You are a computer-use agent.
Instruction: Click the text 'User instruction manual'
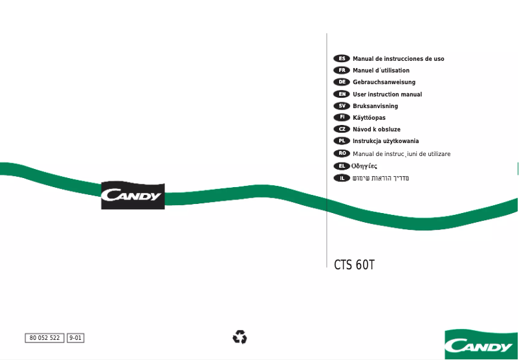[387, 95]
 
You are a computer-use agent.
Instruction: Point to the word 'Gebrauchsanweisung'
[384, 82]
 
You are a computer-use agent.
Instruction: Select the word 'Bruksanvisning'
[375, 106]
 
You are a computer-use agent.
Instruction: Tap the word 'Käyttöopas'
[369, 118]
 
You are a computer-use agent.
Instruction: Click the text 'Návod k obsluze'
[377, 129]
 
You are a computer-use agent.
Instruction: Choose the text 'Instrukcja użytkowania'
[386, 141]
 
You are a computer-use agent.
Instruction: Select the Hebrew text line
[381, 177]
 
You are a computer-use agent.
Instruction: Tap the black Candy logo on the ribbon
[133, 196]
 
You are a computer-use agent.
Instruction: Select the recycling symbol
[239, 337]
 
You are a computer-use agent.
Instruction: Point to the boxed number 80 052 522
[45, 338]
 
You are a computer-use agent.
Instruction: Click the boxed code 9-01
[76, 338]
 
